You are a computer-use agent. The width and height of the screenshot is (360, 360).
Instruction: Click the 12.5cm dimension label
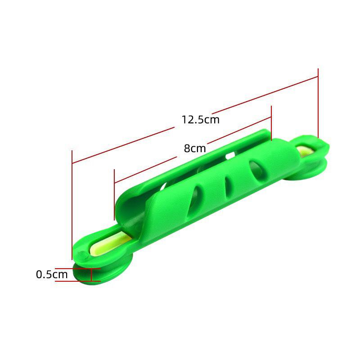pyautogui.click(x=200, y=120)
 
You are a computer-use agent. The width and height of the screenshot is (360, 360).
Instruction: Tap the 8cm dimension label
pyautogui.click(x=195, y=148)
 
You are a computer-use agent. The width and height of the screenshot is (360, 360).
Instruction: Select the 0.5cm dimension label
pyautogui.click(x=52, y=274)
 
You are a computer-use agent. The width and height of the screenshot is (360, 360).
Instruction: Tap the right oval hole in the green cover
pyautogui.click(x=257, y=170)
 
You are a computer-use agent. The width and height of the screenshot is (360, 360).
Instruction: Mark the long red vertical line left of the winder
pyautogui.click(x=72, y=202)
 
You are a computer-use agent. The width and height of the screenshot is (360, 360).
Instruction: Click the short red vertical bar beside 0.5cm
pyautogui.click(x=91, y=274)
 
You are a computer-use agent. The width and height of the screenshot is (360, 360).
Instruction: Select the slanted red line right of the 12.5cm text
pyautogui.click(x=265, y=94)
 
